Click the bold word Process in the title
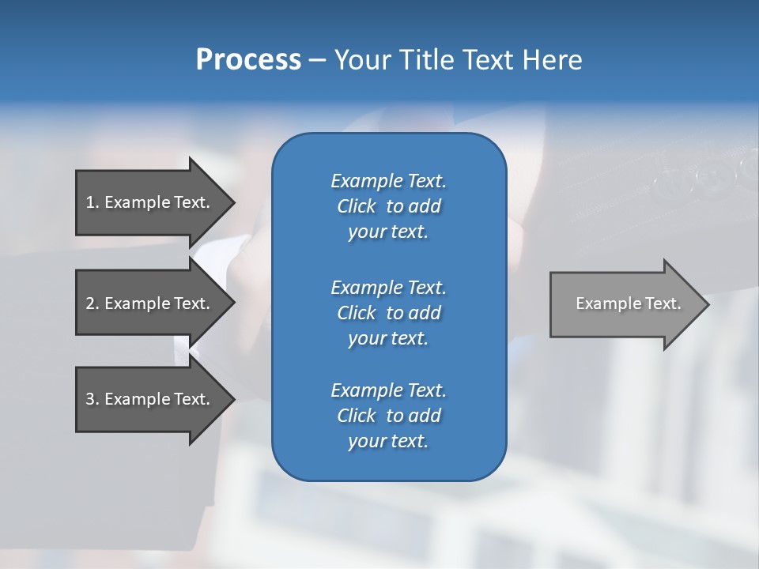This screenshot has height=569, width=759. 248,60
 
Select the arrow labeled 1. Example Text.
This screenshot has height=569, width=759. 150,202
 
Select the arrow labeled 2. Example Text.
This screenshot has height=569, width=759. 150,303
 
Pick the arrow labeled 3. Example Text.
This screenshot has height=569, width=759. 150,399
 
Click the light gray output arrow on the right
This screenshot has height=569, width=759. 625,303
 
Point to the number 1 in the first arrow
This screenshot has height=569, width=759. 90,202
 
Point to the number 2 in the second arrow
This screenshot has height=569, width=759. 90,303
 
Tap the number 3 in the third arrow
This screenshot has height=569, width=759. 90,399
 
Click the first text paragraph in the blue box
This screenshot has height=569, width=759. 388,206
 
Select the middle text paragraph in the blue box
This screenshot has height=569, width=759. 388,313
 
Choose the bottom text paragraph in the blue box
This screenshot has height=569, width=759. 388,416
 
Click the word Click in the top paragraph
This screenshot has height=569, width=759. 356,206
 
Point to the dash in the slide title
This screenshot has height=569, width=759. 317,60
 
